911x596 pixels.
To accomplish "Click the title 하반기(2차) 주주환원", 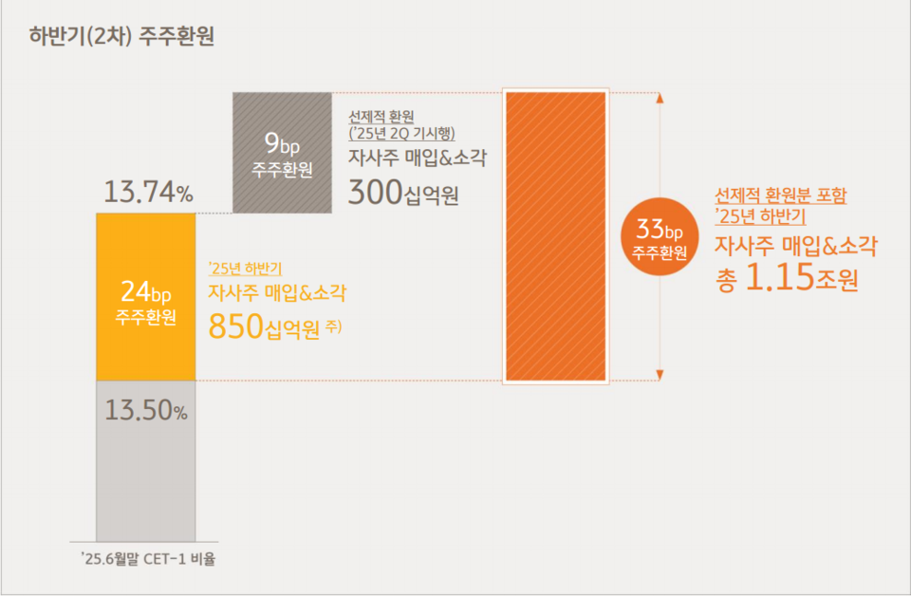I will point(122,37).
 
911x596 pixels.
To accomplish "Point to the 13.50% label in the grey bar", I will point(146,411).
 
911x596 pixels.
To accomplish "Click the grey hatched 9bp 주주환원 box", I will point(282,152).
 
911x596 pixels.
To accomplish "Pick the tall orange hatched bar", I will point(555,236).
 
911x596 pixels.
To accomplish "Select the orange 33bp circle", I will point(659,236).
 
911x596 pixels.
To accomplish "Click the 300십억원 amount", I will point(403,194).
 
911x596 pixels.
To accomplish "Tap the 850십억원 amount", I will point(263,327).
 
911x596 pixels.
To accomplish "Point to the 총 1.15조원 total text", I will point(787,279).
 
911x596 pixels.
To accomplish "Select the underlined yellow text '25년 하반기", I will point(246,268).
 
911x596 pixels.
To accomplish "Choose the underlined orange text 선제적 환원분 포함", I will point(781,196).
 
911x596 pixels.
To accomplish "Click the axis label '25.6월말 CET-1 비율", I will point(148,559).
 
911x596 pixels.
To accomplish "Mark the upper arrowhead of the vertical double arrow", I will point(660,97).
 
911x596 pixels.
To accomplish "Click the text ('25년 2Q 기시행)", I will point(402,133).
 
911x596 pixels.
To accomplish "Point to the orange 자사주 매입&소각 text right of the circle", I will point(795,247).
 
